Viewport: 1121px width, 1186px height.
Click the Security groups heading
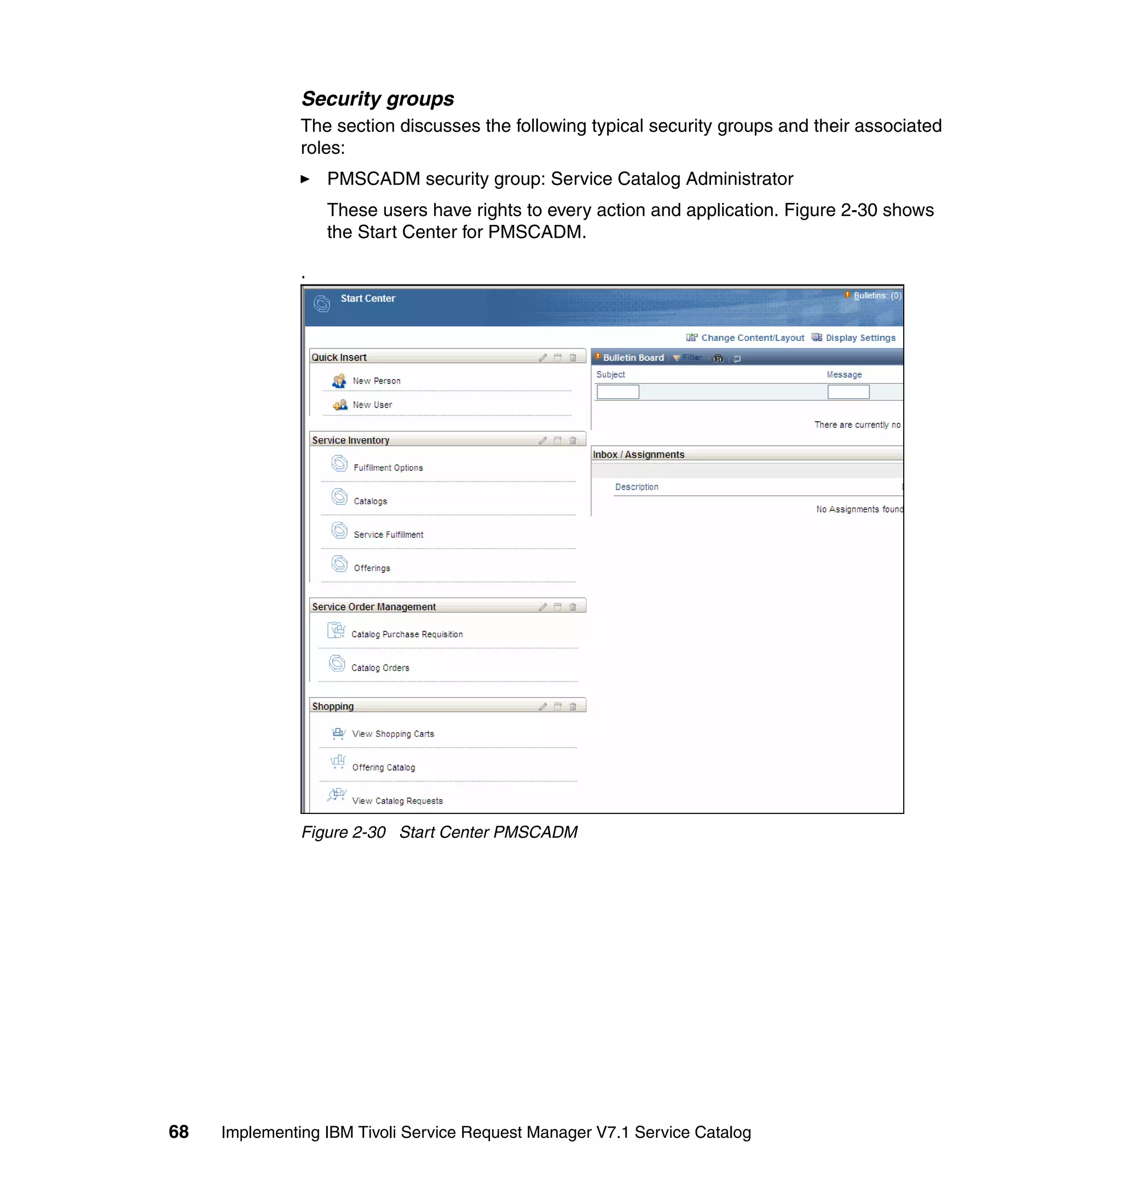point(377,98)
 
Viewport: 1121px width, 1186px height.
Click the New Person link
point(376,381)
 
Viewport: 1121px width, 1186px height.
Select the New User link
point(372,405)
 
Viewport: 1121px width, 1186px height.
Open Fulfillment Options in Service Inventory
point(388,468)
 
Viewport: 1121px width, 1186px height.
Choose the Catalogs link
point(370,501)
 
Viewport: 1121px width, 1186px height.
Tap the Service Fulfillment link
point(388,534)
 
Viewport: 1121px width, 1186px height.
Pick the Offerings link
point(372,568)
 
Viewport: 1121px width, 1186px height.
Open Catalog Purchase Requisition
point(406,634)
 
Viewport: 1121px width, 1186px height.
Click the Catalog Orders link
point(380,667)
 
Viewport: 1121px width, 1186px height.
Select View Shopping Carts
point(392,734)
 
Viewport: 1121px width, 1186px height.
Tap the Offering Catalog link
point(383,768)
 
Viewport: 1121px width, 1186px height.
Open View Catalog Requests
point(397,801)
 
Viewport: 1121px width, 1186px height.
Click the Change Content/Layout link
point(752,338)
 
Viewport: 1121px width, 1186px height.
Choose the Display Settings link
point(860,338)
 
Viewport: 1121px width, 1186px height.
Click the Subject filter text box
point(618,392)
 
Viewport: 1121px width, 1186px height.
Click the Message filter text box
point(848,392)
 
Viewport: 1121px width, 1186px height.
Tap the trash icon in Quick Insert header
point(573,358)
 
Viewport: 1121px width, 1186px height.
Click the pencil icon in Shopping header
point(542,706)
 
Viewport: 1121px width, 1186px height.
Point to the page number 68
point(178,1132)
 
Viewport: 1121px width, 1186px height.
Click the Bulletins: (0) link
point(877,295)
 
